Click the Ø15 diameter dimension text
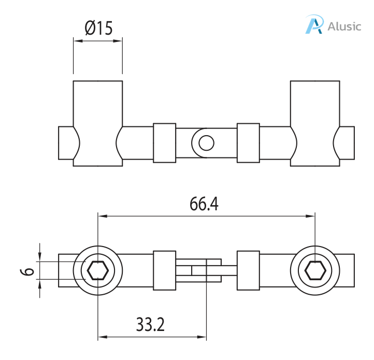pos(98,28)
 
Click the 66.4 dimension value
pos(204,204)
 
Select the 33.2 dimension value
pos(150,325)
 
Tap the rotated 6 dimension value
pos(29,270)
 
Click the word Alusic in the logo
pos(344,26)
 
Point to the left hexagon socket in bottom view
pos(98,270)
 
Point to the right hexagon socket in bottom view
pos(315,270)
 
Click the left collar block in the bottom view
pos(165,270)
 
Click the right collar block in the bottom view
pos(248,270)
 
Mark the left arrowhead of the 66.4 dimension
pos(102,215)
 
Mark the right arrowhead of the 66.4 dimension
pos(311,215)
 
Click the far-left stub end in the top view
pos(65,142)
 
